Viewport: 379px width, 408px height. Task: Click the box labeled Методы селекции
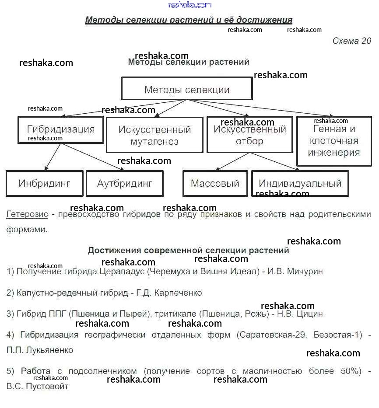186,89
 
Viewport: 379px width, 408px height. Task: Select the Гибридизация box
61,129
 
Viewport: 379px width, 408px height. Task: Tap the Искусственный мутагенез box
154,136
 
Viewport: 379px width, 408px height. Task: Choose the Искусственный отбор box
249,135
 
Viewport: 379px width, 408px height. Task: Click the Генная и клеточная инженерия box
334,141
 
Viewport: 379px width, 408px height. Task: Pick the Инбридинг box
44,183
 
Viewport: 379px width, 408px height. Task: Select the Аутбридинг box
125,183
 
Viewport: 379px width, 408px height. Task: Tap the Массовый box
215,183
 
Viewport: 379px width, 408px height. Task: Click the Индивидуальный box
300,183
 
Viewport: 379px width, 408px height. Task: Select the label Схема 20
351,41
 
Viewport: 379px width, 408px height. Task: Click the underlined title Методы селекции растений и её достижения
189,20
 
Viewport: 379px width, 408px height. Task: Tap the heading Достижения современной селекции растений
188,251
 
